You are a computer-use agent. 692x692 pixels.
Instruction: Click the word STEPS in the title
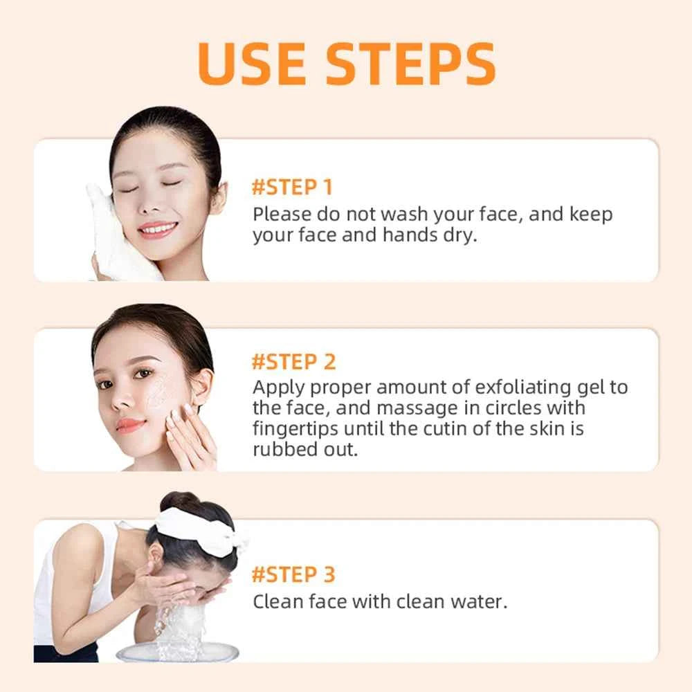click(x=411, y=64)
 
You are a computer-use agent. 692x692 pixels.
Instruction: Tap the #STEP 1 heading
click(x=292, y=188)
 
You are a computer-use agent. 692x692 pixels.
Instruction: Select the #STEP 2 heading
click(x=293, y=361)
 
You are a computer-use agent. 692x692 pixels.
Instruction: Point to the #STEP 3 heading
click(x=293, y=574)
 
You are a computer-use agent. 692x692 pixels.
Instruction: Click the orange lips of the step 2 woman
click(x=130, y=425)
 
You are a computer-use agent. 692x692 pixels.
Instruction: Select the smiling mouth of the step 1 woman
click(x=158, y=228)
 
